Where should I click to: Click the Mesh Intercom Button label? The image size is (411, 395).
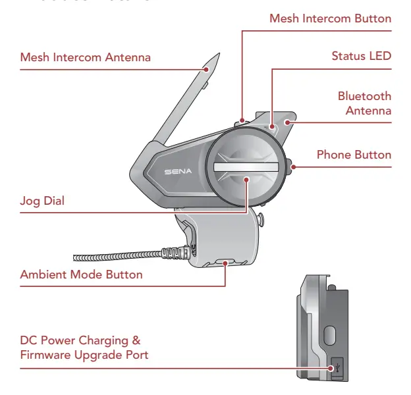[x=330, y=18]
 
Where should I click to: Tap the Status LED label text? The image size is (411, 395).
[x=361, y=56]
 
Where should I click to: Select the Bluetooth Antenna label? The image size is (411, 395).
[x=364, y=103]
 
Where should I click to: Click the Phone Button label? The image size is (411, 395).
[x=354, y=155]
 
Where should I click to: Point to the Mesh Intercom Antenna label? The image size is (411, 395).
[x=85, y=57]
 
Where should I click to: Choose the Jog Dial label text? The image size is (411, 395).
[x=42, y=201]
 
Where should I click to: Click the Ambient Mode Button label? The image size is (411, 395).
[x=81, y=274]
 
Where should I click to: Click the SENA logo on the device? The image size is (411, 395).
[x=177, y=171]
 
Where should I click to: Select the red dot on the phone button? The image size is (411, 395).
[x=292, y=167]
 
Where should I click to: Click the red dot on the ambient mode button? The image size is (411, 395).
[x=225, y=262]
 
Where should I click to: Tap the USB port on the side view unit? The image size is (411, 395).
[x=336, y=367]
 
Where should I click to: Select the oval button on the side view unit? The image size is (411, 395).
[x=330, y=335]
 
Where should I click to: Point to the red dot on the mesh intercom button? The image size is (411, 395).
[x=242, y=120]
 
